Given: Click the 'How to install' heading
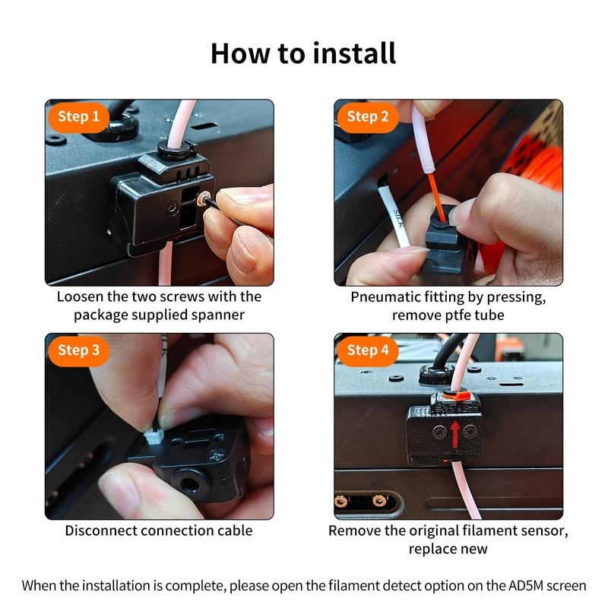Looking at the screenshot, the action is coord(303,53).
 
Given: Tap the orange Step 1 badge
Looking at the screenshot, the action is coord(78,117).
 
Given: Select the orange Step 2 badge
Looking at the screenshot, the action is coord(368,117).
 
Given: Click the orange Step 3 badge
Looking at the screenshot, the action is coord(78,350).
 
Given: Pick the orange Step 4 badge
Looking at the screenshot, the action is coord(368,350).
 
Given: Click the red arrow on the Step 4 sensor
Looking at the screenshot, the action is coord(455,434).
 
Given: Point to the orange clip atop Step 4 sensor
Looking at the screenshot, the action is coord(460,396).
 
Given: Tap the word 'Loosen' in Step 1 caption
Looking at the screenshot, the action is coord(81,296).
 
